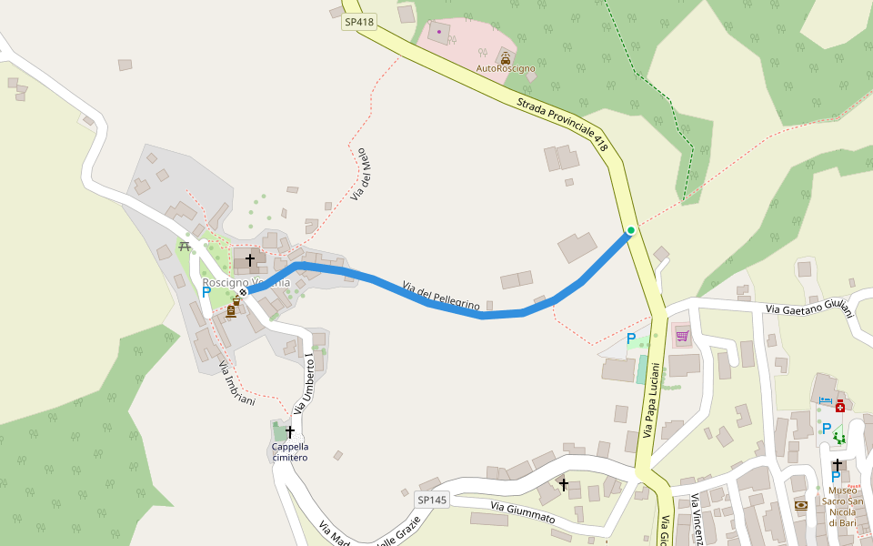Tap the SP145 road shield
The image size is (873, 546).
[x=432, y=500]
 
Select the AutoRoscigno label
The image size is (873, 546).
[x=506, y=68]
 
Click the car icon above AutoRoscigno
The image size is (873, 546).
[x=506, y=56]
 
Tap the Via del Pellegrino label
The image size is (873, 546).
[x=441, y=297]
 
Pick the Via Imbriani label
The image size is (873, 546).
[x=236, y=382]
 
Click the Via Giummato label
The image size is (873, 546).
[x=522, y=511]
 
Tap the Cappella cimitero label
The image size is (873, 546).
[x=290, y=451]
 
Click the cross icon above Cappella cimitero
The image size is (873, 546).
[x=290, y=431]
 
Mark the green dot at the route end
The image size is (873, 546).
[x=630, y=230]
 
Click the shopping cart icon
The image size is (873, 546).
[x=682, y=337]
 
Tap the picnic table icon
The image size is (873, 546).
[x=185, y=246]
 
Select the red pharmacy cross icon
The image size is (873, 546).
[x=840, y=406]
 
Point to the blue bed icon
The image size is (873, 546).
[x=826, y=400]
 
